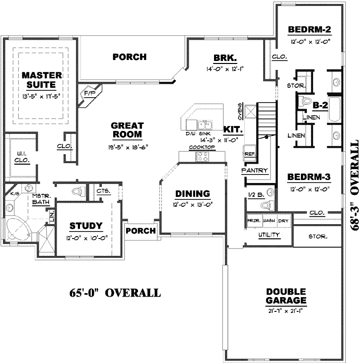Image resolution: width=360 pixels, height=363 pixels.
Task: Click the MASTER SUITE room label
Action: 42,80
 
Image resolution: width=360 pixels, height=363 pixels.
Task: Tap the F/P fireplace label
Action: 90,93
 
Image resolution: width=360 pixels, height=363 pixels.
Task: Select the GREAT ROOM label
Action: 127,130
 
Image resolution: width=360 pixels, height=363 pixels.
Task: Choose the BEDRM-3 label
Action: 309,177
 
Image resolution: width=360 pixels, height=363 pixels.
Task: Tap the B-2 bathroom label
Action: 320,105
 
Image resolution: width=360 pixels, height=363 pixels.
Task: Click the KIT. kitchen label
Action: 232,129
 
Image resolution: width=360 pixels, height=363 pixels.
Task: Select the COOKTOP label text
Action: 201,147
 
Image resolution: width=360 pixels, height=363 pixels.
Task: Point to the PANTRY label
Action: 254,171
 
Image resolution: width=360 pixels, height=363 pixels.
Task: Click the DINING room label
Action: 192,194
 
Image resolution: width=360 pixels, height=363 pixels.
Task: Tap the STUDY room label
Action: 86,226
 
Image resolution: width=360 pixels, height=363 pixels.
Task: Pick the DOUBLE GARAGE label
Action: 286,296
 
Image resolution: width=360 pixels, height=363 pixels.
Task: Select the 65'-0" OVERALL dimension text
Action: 115,293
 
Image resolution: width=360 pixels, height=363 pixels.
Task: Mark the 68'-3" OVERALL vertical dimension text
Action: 354,184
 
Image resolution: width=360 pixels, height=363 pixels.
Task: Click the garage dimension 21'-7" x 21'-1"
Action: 286,310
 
